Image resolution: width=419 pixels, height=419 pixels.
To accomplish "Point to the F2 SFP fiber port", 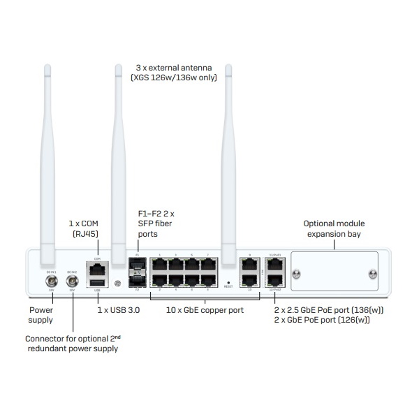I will click(138, 281).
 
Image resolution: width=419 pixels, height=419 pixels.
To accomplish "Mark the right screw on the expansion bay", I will click(372, 273).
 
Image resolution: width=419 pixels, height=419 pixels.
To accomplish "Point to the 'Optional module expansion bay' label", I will click(334, 228).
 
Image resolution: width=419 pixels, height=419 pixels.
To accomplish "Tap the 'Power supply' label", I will click(41, 314).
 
